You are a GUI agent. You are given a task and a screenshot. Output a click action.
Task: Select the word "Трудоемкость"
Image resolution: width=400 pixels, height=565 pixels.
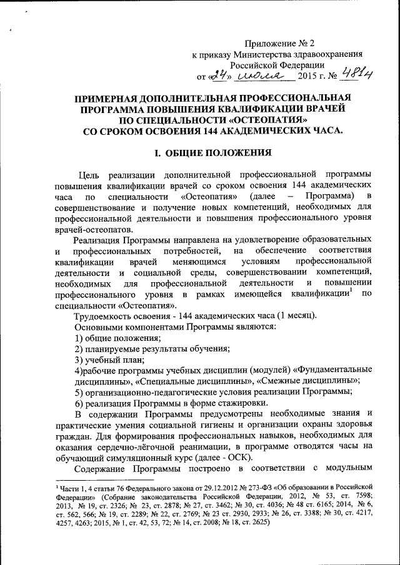click(104, 317)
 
